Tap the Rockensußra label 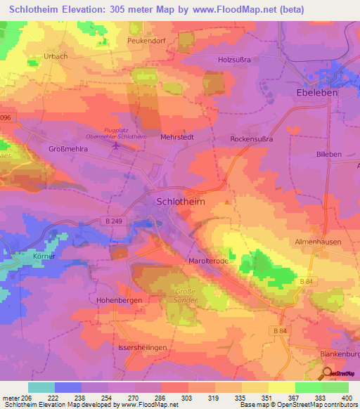251,139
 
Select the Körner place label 44,257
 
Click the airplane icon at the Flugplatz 116,145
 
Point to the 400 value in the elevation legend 345,398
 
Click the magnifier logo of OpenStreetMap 326,373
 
